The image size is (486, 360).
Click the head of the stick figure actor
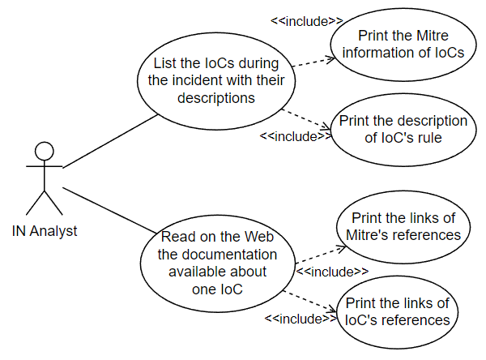coord(44,151)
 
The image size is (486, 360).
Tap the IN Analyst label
coord(45,231)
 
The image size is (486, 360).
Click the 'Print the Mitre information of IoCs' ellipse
coord(391,45)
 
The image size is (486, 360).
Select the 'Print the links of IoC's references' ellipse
coord(397,311)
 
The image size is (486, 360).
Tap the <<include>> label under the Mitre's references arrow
coord(332,271)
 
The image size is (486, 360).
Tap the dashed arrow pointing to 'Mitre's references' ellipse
coord(316,246)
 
